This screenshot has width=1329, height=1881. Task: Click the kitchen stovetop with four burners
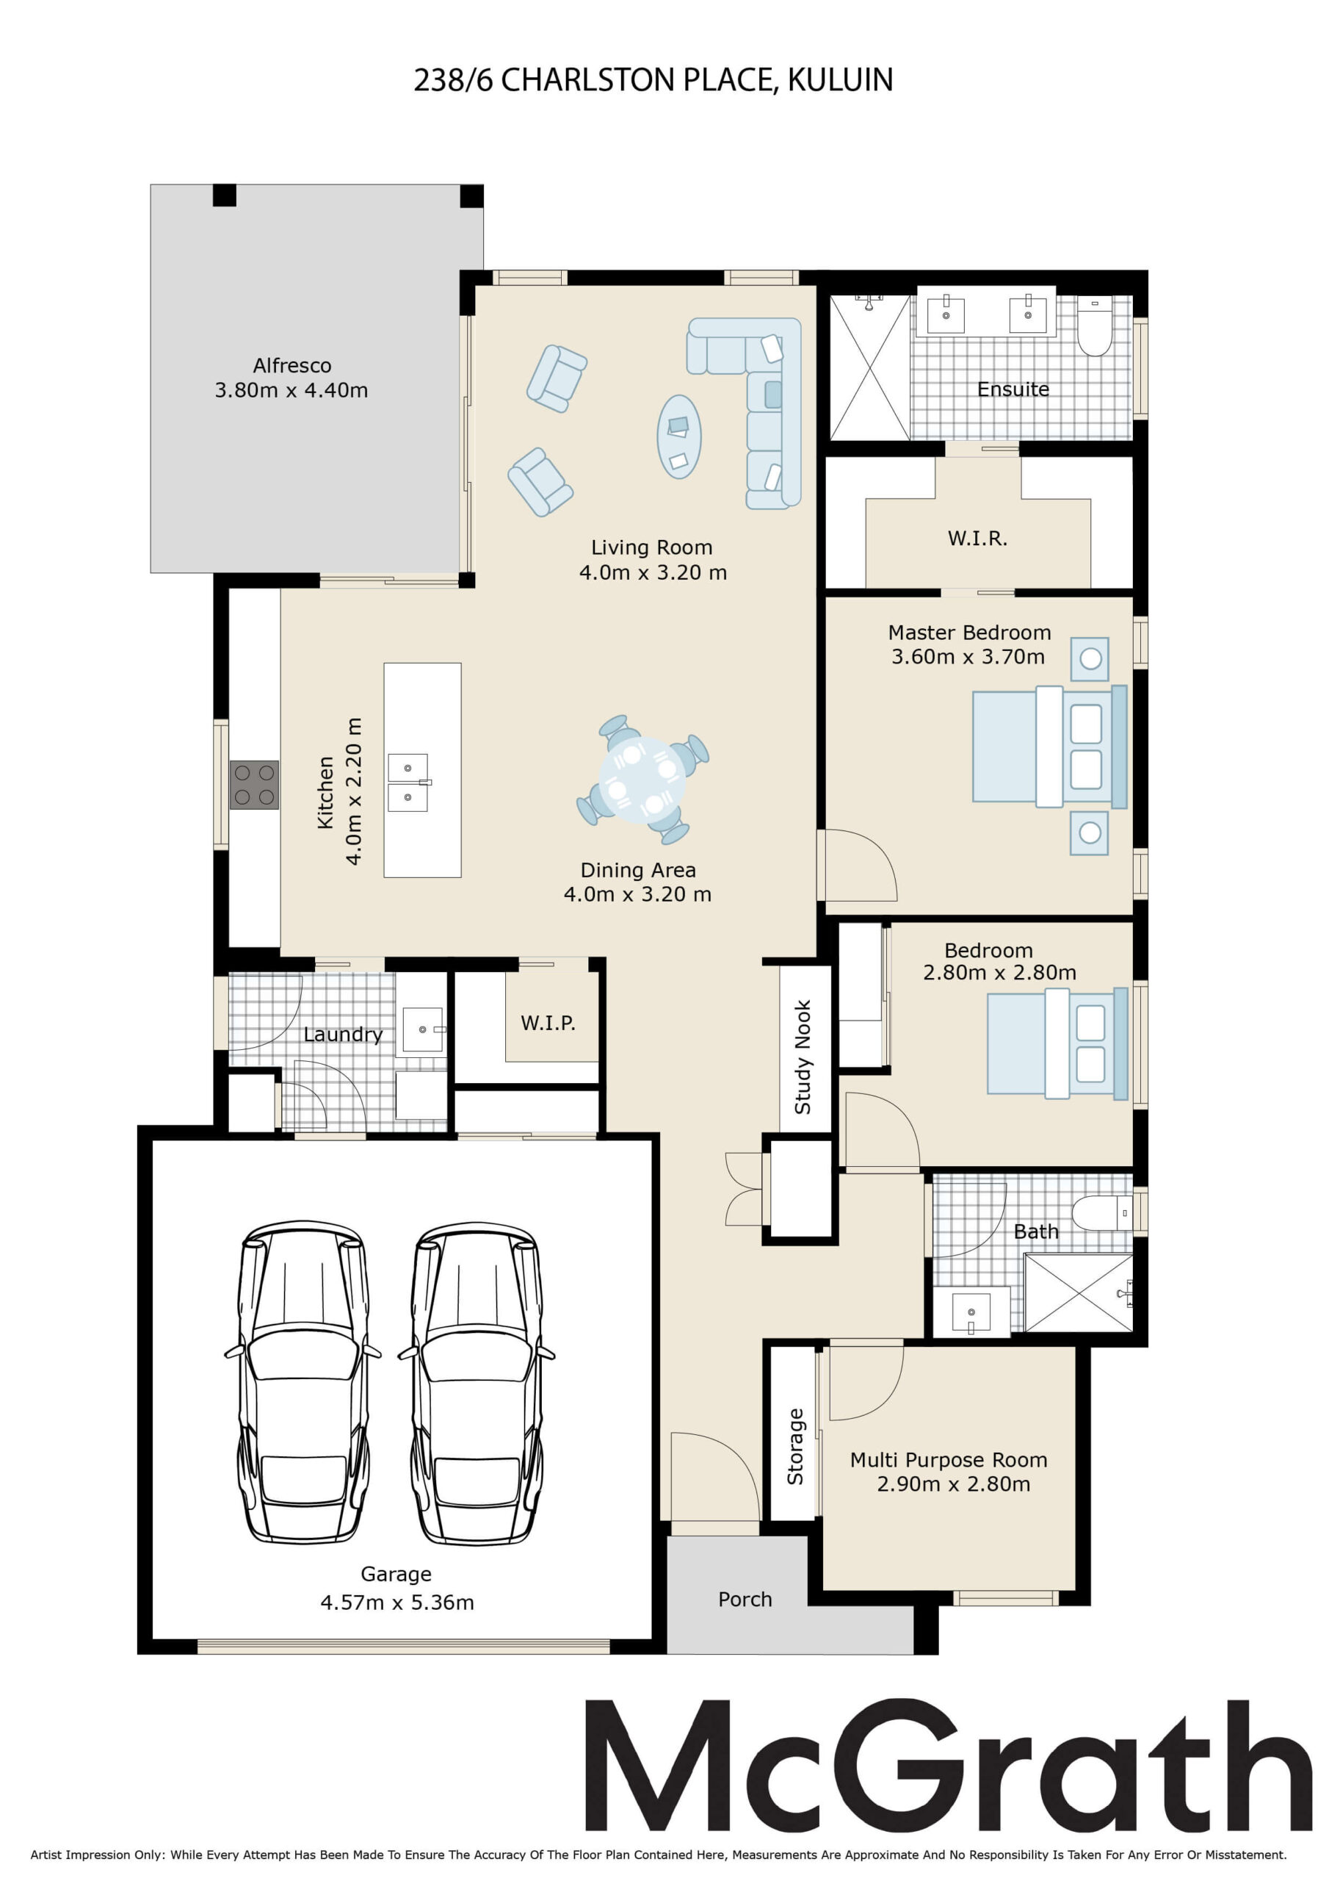254,785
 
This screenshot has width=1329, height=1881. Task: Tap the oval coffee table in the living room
679,436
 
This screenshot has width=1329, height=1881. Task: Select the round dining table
642,779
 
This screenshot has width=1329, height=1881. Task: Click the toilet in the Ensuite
1095,326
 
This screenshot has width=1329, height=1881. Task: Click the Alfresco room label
292,365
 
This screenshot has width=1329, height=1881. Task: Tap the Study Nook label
803,1057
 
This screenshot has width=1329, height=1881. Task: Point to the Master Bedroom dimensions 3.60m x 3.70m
968,656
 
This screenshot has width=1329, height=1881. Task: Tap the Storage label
795,1447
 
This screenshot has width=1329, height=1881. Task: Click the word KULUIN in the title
840,79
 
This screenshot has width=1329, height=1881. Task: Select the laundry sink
422,1030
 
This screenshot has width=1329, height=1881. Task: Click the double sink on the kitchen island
408,783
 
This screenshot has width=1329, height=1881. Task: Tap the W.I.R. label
978,539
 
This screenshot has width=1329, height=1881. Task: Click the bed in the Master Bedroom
1050,747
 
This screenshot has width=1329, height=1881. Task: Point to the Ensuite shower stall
869,367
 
